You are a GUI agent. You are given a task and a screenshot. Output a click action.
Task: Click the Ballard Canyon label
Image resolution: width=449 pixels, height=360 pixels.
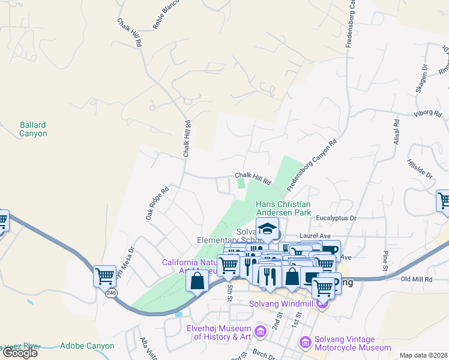point(33,129)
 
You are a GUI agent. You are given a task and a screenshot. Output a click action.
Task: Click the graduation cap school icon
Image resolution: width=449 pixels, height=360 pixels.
point(267,229)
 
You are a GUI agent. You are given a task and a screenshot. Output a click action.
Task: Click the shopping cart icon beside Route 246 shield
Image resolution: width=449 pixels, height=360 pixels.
point(104,276)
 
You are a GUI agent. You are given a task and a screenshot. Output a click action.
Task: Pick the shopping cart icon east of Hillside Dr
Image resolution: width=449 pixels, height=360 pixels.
point(444,200)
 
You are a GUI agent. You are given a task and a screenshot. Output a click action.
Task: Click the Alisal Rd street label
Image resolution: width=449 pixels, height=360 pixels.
point(396,130)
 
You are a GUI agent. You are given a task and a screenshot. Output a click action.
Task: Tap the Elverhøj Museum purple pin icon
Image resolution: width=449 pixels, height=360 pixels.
point(260,331)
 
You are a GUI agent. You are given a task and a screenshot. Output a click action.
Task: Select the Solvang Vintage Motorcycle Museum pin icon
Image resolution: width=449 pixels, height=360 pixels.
point(306,342)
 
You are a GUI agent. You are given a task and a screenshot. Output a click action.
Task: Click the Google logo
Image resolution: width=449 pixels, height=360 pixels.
point(20,353)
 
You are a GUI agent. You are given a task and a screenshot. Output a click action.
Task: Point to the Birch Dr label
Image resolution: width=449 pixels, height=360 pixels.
point(264,355)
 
